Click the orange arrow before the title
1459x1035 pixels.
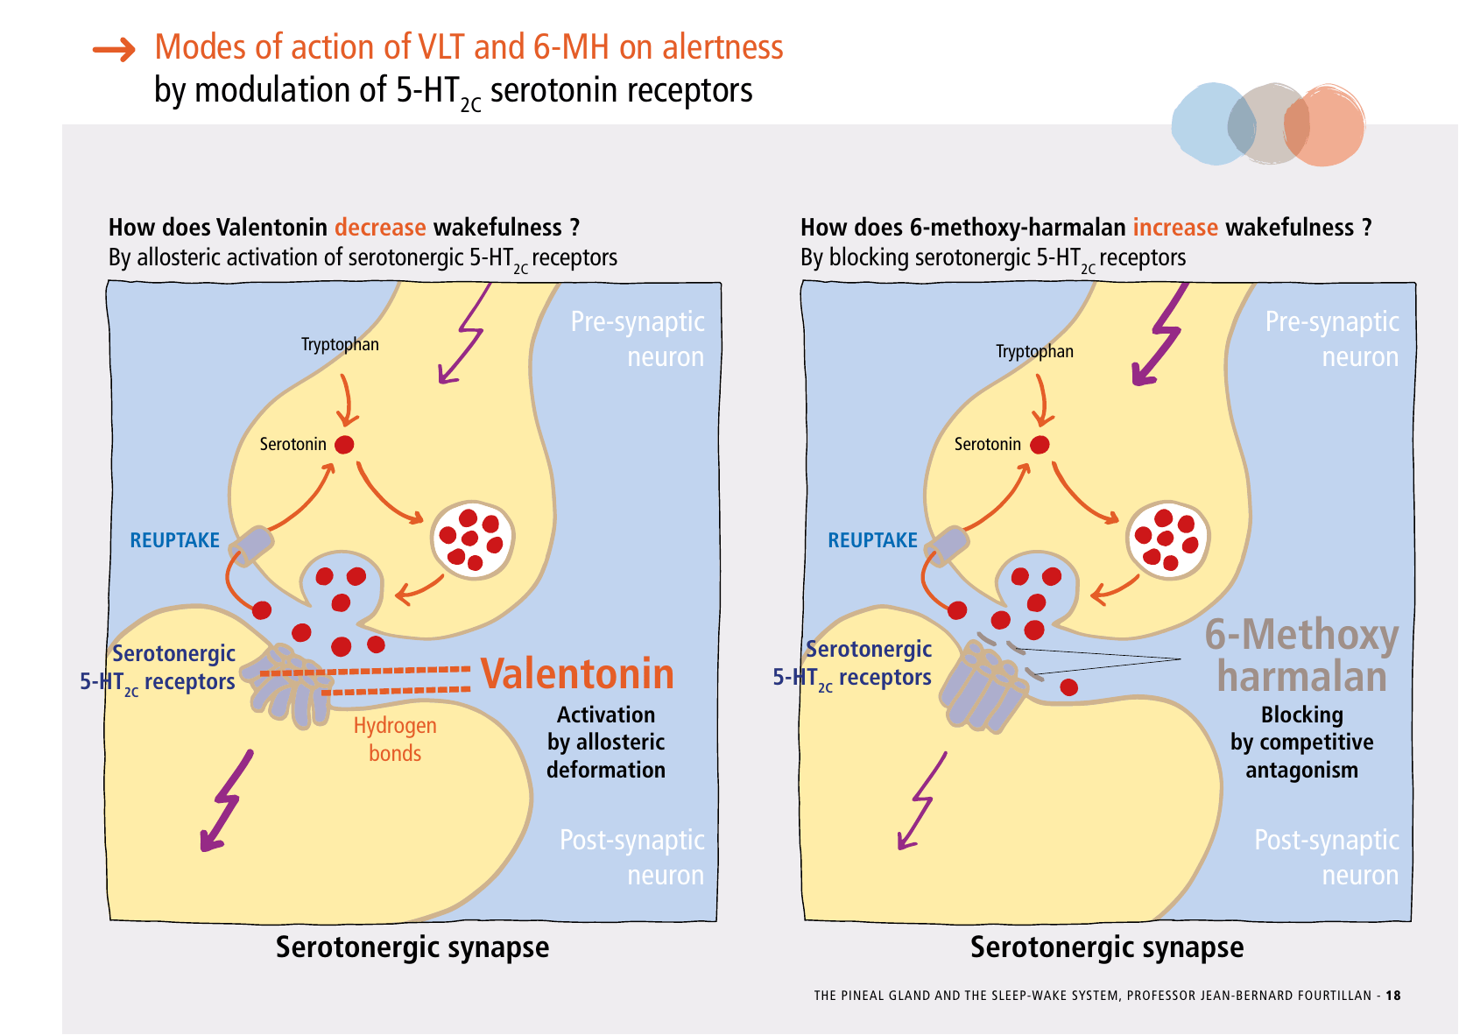pyautogui.click(x=114, y=50)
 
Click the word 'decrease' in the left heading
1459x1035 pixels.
pyautogui.click(x=380, y=228)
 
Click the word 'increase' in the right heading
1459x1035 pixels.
pyautogui.click(x=1175, y=228)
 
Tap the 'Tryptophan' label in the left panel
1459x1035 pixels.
pyautogui.click(x=340, y=344)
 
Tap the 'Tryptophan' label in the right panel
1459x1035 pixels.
pyautogui.click(x=1034, y=351)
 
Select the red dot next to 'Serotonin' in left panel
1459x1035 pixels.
pyautogui.click(x=345, y=445)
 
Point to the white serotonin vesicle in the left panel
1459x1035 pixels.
pyautogui.click(x=472, y=539)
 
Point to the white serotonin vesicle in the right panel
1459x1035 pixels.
pyautogui.click(x=1166, y=539)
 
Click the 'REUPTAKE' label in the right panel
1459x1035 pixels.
pyautogui.click(x=872, y=540)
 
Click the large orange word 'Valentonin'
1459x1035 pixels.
pyautogui.click(x=577, y=673)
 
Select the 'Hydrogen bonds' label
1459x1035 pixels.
pyautogui.click(x=395, y=739)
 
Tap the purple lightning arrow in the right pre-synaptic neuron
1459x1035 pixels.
pyautogui.click(x=1160, y=337)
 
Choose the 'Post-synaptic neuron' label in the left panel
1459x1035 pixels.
pyautogui.click(x=632, y=857)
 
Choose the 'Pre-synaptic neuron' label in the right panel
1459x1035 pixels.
pyautogui.click(x=1332, y=339)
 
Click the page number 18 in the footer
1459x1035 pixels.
pyautogui.click(x=1393, y=996)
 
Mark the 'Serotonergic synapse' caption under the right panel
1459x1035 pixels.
pyautogui.click(x=1107, y=947)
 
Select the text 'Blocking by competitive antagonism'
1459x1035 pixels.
pyautogui.click(x=1301, y=743)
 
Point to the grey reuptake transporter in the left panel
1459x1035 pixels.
pyautogui.click(x=252, y=546)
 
